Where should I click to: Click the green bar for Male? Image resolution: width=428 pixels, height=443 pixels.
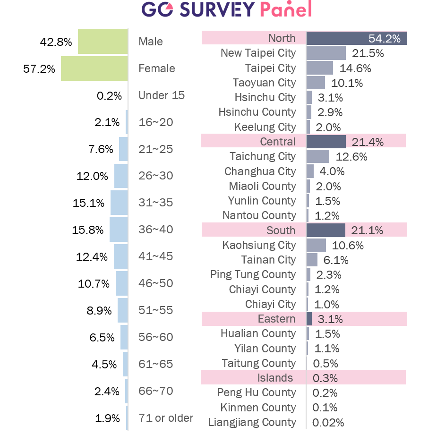coord(103,41)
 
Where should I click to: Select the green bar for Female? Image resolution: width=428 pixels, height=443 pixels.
coord(94,68)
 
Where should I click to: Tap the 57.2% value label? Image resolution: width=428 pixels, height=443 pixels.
coord(39,69)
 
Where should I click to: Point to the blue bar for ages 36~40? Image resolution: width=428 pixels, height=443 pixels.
coord(119,230)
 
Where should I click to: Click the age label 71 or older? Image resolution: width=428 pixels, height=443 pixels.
coord(166,418)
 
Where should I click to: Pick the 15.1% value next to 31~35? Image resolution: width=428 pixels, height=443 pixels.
coord(88,203)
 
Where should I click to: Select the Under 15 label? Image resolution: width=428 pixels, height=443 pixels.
coord(161,95)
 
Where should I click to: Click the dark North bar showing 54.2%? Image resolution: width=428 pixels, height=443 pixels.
coord(357,38)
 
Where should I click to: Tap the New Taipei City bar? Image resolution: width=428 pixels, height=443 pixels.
coord(326,53)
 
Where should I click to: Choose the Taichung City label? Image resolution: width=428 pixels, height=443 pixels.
coord(263,156)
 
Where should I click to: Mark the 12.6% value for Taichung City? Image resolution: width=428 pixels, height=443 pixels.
coord(351,157)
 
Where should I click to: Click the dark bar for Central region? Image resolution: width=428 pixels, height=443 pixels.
coord(326,142)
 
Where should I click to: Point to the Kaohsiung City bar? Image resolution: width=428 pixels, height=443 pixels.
coord(316,245)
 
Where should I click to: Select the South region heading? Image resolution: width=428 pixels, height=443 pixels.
coord(281,230)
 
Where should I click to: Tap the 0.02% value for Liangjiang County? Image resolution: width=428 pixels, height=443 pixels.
coord(328,423)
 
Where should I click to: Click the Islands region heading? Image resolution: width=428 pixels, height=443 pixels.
coord(275,378)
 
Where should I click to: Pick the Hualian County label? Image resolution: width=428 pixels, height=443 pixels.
coord(258,333)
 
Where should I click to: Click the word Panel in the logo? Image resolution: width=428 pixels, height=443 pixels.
coord(286,9)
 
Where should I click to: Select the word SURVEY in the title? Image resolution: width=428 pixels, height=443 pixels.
coord(217,9)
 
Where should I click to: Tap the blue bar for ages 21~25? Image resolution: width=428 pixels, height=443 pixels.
coord(123,149)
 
